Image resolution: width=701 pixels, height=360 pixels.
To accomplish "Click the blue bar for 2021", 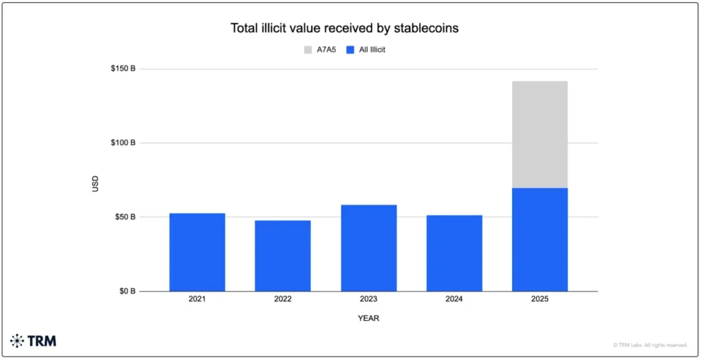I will tap(197, 252).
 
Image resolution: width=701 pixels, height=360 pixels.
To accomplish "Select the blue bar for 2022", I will tap(283, 255).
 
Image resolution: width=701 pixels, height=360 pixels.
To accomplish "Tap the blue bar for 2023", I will tap(368, 248).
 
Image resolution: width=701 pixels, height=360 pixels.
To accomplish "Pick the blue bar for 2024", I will tap(454, 253).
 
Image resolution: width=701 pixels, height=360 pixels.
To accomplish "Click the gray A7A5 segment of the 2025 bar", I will tap(539, 134).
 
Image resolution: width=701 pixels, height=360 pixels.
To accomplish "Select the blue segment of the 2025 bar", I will tap(539, 240).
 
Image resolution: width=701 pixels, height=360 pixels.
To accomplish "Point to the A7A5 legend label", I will tap(326, 49).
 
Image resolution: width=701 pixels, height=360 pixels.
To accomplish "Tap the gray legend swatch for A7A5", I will tap(308, 49).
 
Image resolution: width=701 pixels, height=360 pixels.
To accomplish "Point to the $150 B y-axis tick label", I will tap(123, 69).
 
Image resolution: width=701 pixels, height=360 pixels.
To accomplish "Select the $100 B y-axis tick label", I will tap(123, 143).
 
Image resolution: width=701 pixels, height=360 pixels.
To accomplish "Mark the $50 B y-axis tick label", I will tap(125, 217).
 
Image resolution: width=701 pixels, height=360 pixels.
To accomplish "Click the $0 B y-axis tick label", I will tap(127, 292).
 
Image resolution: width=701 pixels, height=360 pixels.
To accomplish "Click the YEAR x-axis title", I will tap(368, 318).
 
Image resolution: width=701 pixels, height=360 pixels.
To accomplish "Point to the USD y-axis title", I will tap(96, 183).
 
